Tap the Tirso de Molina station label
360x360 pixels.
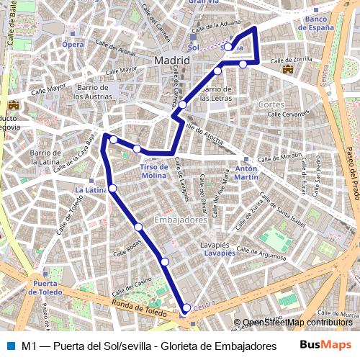pos(154,171)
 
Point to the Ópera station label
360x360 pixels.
pos(73,44)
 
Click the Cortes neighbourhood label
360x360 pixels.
pos(271,105)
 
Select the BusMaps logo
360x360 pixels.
pos(326,345)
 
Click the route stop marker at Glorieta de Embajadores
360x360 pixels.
pos(186,308)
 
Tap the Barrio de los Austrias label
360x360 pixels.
pos(91,91)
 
